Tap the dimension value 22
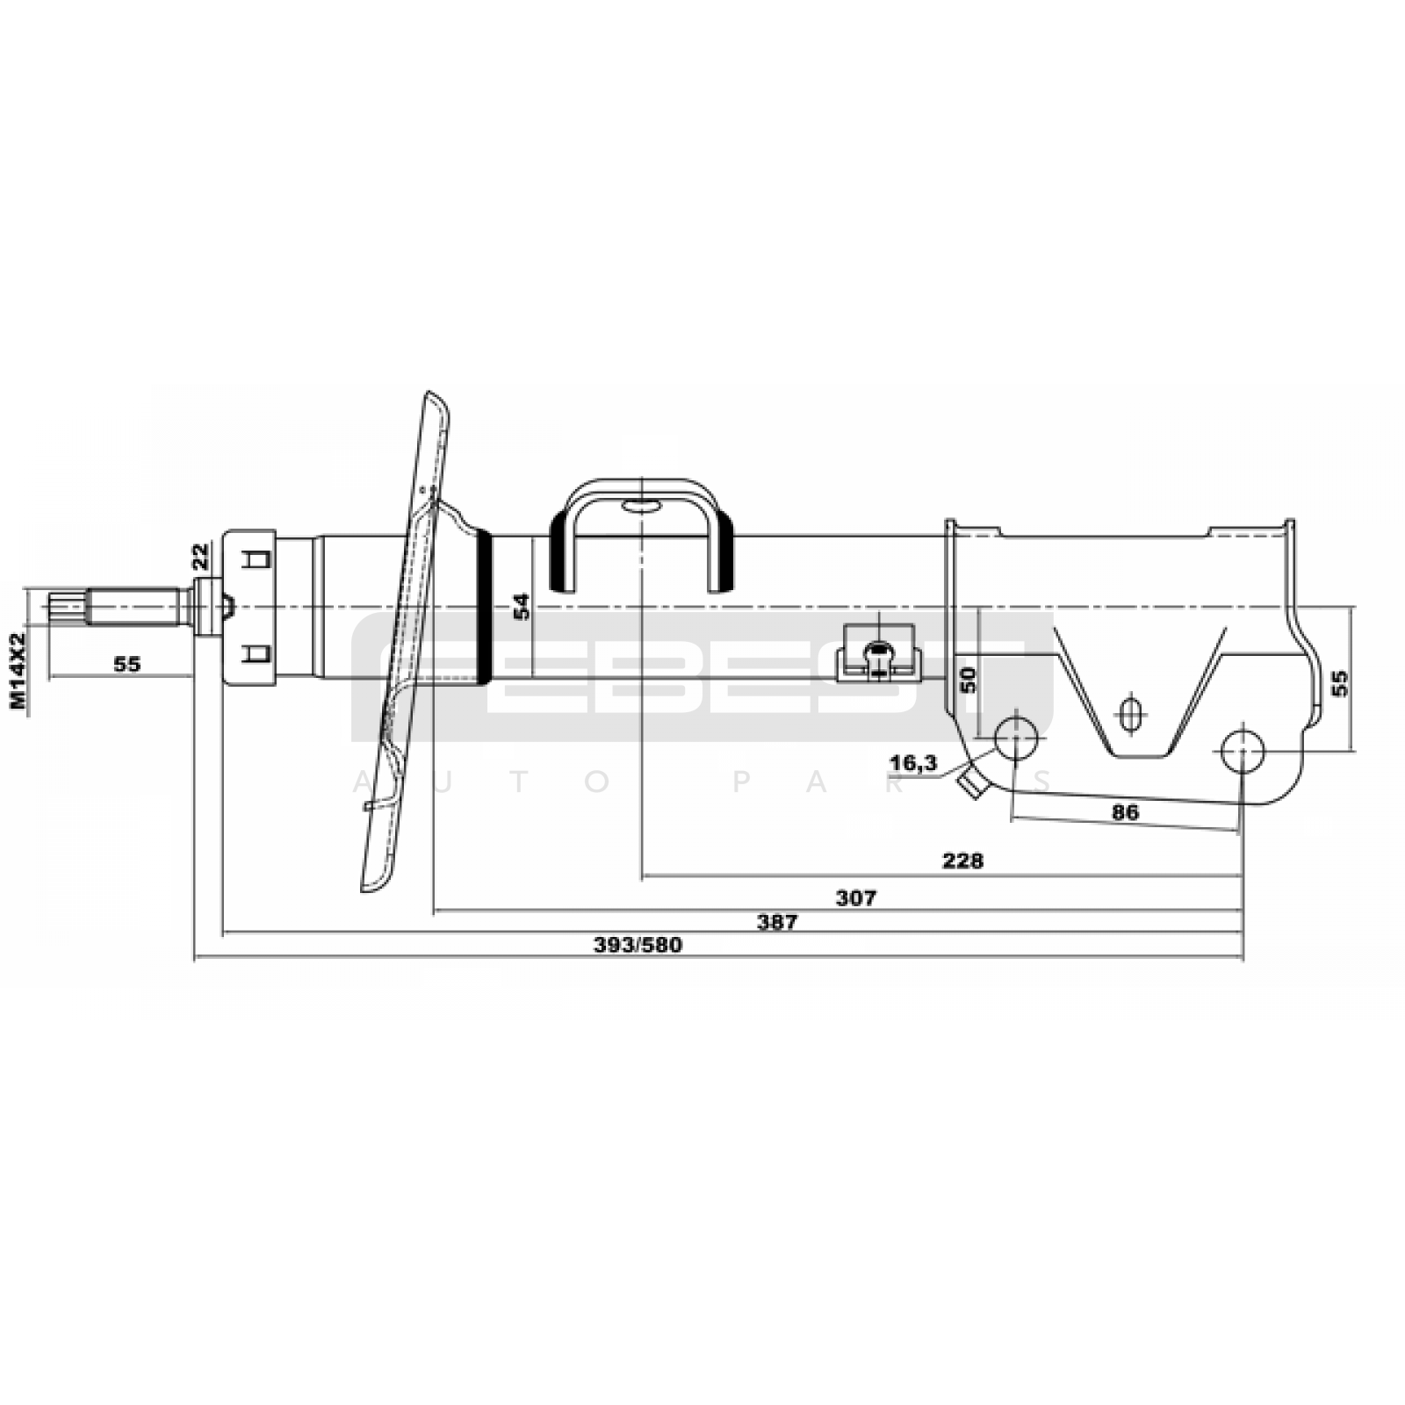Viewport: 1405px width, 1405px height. [x=201, y=556]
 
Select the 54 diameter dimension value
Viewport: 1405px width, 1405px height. [x=522, y=607]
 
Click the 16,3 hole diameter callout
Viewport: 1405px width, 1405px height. [x=913, y=763]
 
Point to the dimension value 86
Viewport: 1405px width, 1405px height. [x=1125, y=812]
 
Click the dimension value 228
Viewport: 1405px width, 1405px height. [x=962, y=861]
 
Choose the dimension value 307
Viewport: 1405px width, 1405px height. [x=855, y=897]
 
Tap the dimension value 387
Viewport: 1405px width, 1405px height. [x=777, y=921]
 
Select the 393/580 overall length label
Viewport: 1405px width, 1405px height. [x=638, y=945]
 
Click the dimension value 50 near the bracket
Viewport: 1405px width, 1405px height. [x=968, y=680]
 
